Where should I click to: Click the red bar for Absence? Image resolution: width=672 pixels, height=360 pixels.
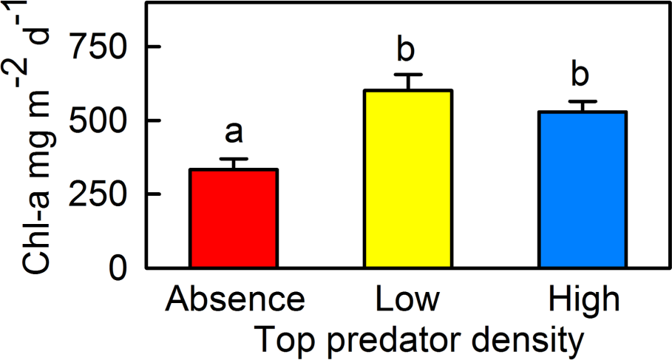click(234, 218)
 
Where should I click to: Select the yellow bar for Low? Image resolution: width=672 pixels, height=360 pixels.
click(407, 178)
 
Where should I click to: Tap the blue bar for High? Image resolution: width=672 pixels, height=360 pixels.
click(583, 189)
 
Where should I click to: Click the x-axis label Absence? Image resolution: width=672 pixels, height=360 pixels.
click(234, 302)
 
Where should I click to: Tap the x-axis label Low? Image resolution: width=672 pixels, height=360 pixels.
click(407, 302)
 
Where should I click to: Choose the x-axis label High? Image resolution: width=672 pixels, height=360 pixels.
click(583, 302)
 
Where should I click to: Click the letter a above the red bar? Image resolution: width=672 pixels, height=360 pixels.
click(234, 132)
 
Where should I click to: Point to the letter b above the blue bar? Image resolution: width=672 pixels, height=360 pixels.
click(581, 75)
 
